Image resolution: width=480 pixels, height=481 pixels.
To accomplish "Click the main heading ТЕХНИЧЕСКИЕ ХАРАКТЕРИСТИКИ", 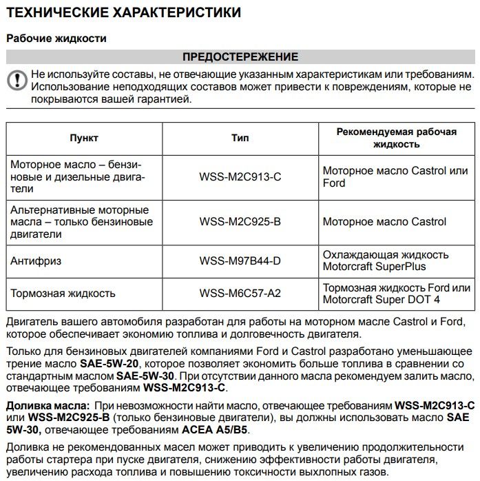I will pos(123,12).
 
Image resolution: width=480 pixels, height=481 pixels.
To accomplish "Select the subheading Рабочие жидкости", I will pos(56,39).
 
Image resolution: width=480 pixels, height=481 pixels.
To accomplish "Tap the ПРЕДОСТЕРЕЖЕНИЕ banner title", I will pos(240,57).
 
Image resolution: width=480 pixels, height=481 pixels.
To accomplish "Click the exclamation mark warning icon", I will pos(15,80).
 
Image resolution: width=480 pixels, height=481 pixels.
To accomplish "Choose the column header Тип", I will pos(240,138).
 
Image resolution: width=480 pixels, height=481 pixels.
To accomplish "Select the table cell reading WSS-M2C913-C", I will pos(240,177).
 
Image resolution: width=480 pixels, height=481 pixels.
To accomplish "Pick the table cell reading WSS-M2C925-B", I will pos(240,222).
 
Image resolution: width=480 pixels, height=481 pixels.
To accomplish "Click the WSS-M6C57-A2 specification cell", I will pos(240,294).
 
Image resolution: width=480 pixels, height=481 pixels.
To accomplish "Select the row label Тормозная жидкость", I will pos(63,294).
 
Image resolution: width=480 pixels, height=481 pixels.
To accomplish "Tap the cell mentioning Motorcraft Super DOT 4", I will pos(396,294).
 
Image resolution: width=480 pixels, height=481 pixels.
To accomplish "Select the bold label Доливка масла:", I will pos(48,405).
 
